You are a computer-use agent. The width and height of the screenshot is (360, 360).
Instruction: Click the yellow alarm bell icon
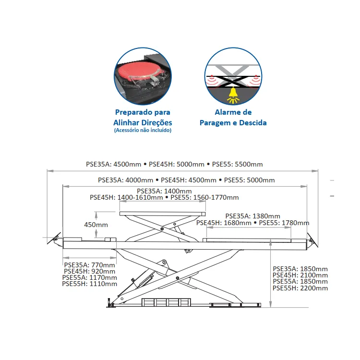[x=233, y=95]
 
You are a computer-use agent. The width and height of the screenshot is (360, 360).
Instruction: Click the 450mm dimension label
[x=96, y=225]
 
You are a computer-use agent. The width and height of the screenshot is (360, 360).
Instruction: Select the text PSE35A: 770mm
[x=90, y=265]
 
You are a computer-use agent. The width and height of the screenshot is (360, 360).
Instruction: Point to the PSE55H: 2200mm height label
[x=300, y=288]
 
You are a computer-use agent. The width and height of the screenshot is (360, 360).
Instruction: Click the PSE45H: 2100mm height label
[x=300, y=275]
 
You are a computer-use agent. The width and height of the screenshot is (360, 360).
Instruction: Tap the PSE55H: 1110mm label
[x=90, y=284]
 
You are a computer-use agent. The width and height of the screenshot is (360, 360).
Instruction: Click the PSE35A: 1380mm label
[x=252, y=216]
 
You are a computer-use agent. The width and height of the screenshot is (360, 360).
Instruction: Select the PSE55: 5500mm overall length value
[x=238, y=164]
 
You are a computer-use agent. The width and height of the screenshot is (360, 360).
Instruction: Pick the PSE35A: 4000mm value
[x=125, y=180]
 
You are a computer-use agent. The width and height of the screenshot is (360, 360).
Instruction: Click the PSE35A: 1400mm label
[x=164, y=191]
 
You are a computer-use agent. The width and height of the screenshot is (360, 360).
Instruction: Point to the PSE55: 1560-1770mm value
[x=204, y=197]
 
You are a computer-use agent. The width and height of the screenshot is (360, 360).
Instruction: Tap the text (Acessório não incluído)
[x=143, y=130]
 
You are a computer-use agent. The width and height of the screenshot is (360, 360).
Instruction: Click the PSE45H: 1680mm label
[x=224, y=223]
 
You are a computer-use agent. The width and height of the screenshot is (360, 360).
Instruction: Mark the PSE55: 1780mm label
[x=284, y=223]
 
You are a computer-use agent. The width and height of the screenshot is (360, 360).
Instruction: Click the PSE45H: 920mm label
[x=90, y=271]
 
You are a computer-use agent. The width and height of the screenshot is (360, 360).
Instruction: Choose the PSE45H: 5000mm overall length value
[x=177, y=164]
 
